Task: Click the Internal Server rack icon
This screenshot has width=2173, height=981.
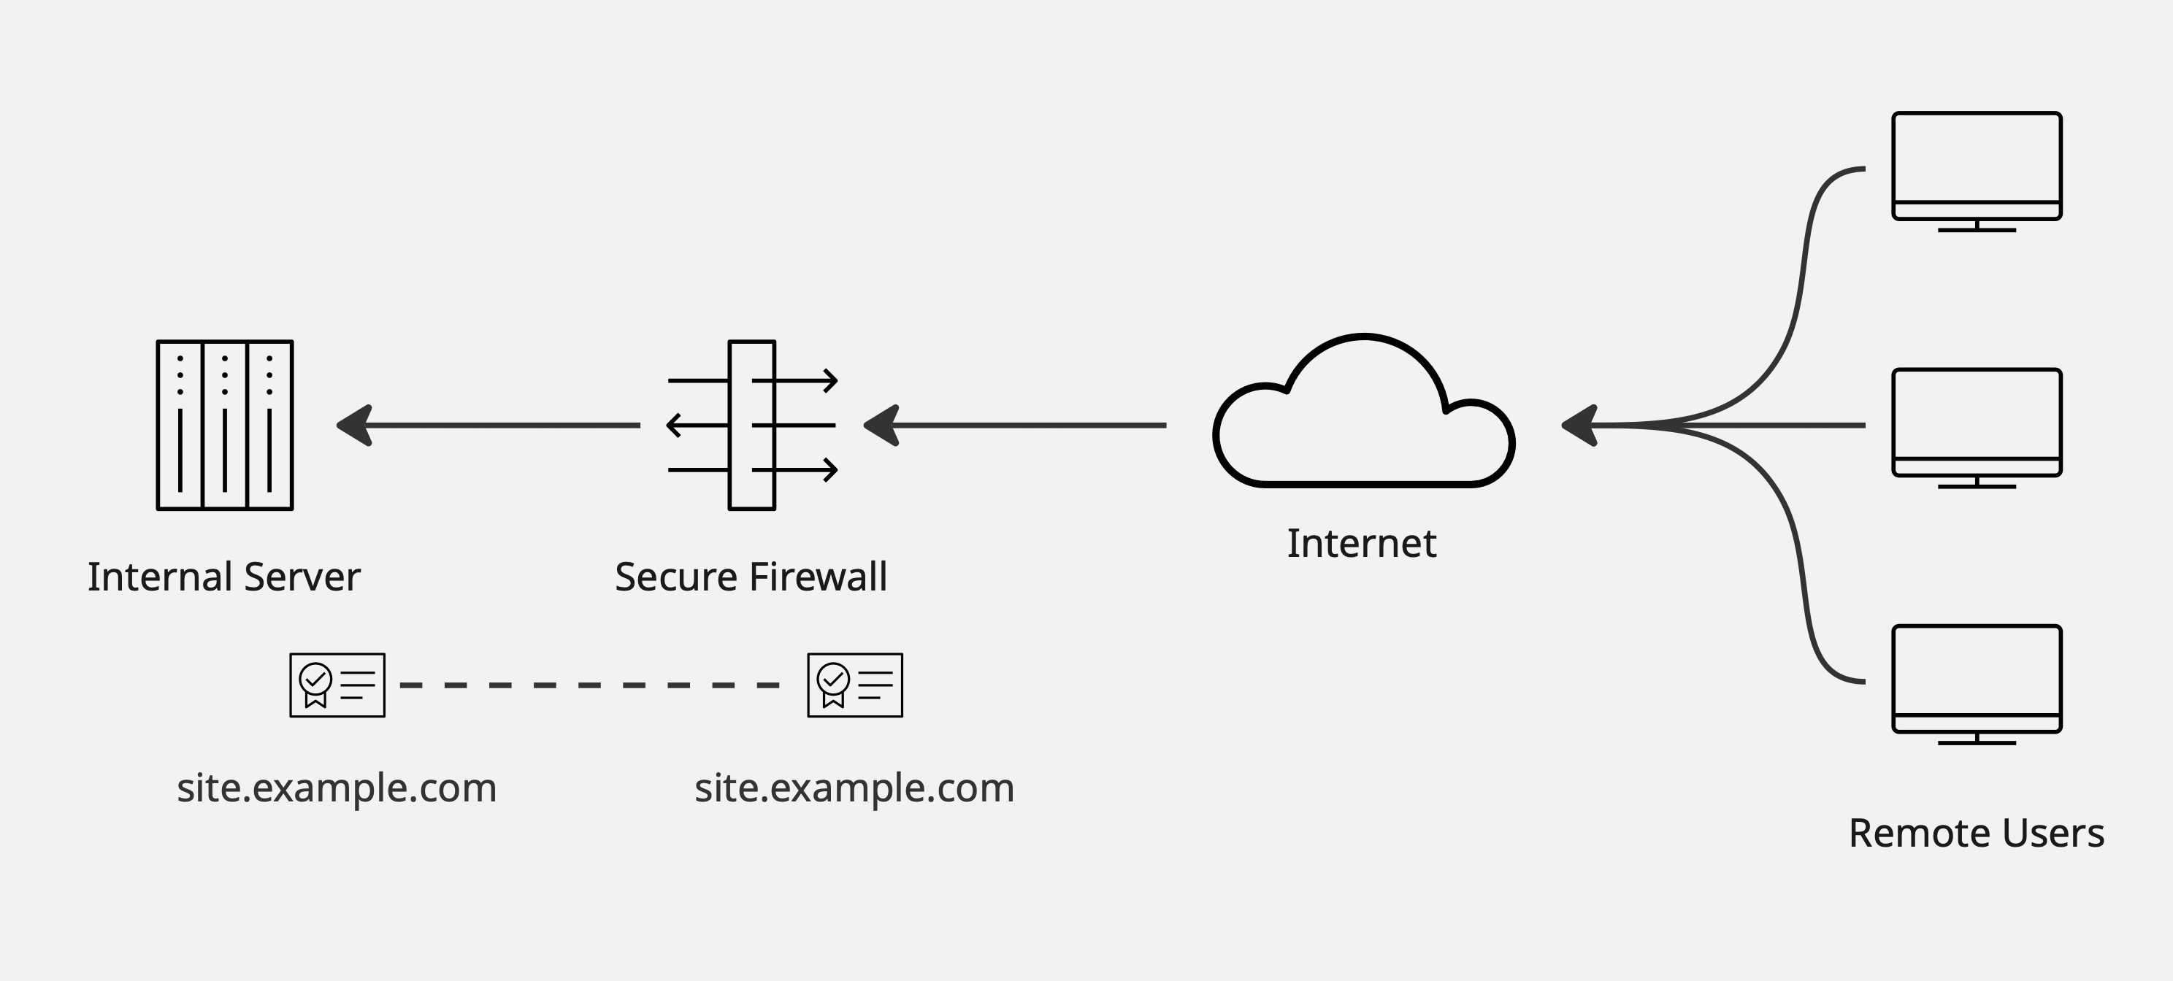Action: [224, 425]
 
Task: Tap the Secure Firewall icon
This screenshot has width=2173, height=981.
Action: [751, 425]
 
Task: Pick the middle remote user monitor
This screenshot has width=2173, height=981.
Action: [1977, 423]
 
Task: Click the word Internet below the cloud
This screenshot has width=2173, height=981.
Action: [1362, 544]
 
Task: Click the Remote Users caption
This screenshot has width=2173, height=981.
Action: [1976, 834]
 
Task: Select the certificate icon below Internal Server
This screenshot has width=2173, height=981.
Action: [337, 685]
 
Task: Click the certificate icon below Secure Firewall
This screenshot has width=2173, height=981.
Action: [854, 685]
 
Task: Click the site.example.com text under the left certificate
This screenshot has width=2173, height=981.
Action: [337, 788]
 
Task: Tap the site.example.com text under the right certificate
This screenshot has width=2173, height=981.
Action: [854, 788]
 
